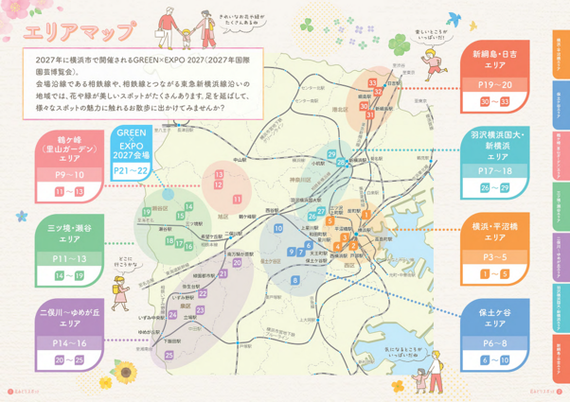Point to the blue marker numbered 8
pos(295,281)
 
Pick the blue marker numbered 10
pos(277,229)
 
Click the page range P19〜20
pos(493,84)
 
